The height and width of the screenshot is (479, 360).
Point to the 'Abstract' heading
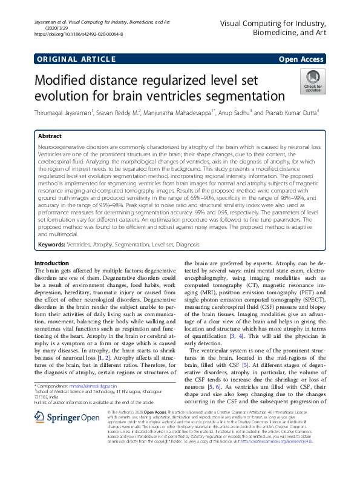[x=50, y=137]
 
